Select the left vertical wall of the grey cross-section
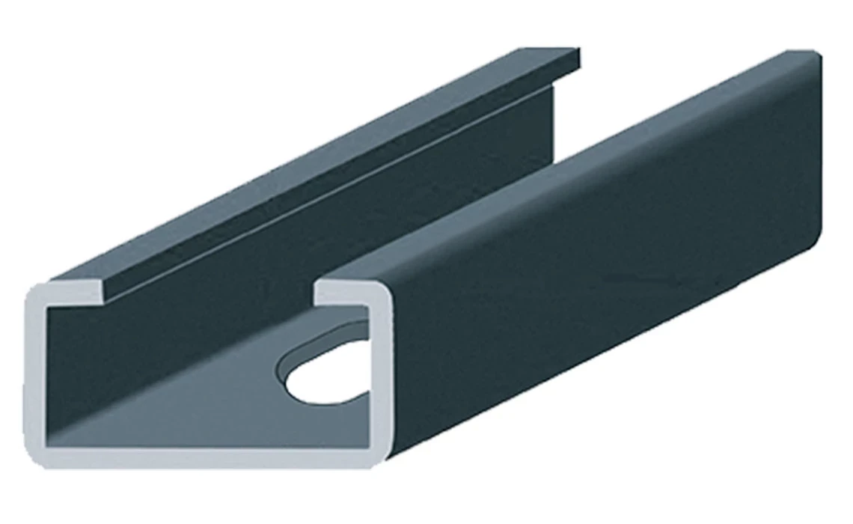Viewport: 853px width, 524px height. (x=35, y=374)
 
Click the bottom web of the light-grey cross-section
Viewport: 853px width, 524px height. (x=210, y=457)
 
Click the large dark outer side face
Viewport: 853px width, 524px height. (x=599, y=299)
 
